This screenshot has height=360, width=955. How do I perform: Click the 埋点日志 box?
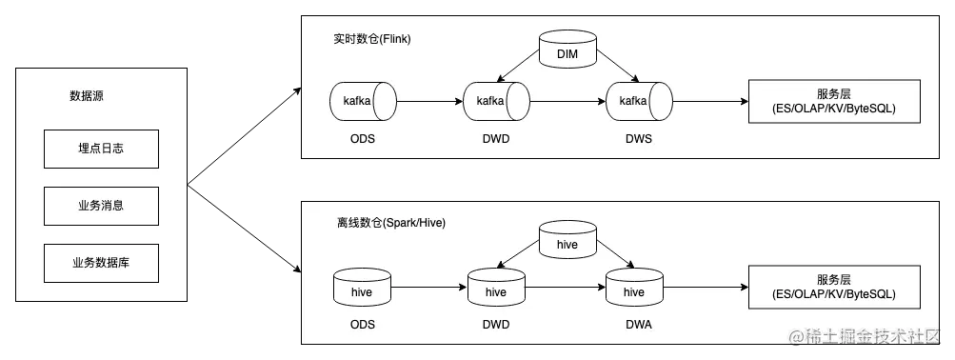click(x=101, y=150)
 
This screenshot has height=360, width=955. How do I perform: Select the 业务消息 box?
click(x=101, y=206)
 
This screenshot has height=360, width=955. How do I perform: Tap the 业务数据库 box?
click(x=101, y=262)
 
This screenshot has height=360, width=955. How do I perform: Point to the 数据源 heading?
click(x=87, y=96)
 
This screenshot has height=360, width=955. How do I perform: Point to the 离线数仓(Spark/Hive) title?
click(x=390, y=223)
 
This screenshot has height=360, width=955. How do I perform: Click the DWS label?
click(x=639, y=139)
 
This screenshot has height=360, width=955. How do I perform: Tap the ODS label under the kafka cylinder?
click(x=363, y=139)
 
